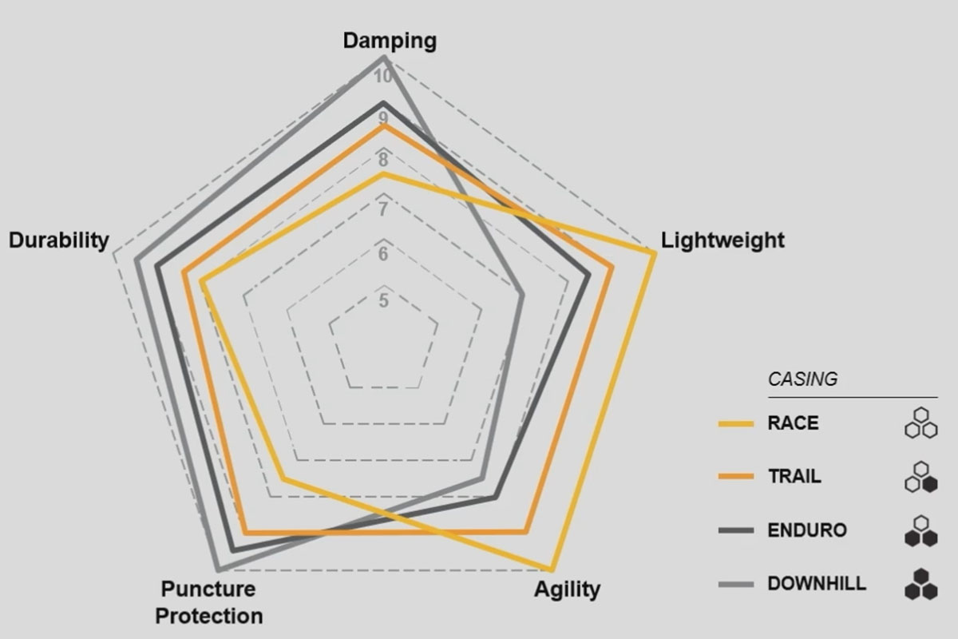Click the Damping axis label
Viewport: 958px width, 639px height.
pyautogui.click(x=390, y=41)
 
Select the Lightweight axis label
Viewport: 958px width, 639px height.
pyautogui.click(x=722, y=240)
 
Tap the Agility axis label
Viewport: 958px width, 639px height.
pyautogui.click(x=567, y=589)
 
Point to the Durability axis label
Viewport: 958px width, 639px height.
pyautogui.click(x=58, y=240)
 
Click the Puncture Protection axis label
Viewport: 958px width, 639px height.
pyautogui.click(x=208, y=602)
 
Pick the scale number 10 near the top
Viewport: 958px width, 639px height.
pyautogui.click(x=382, y=77)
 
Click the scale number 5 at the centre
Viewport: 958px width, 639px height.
pyautogui.click(x=384, y=301)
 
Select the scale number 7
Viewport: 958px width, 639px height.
pyautogui.click(x=383, y=210)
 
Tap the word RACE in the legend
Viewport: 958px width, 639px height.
pyautogui.click(x=793, y=423)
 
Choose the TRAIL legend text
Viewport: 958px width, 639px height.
pyautogui.click(x=794, y=477)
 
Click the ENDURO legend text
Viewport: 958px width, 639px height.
pyautogui.click(x=806, y=530)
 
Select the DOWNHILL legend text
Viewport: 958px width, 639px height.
pyautogui.click(x=816, y=584)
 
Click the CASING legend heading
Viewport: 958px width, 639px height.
pyautogui.click(x=802, y=379)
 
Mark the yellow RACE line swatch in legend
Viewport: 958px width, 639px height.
pyautogui.click(x=735, y=424)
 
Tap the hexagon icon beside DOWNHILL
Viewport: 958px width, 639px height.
pyautogui.click(x=920, y=584)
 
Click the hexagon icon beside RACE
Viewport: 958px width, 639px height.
pyautogui.click(x=920, y=423)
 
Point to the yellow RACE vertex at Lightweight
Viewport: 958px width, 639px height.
pyautogui.click(x=655, y=253)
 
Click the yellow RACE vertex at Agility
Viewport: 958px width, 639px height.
pyautogui.click(x=550, y=570)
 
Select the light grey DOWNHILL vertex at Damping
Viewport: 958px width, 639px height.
pyautogui.click(x=384, y=58)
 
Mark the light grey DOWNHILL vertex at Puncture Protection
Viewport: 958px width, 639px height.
pyautogui.click(x=219, y=569)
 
